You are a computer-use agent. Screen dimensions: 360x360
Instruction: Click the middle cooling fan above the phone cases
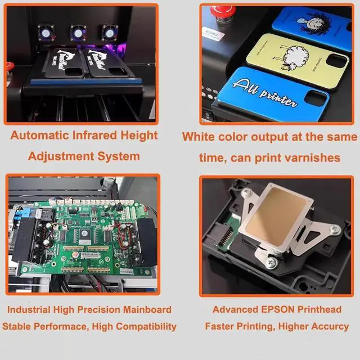76,31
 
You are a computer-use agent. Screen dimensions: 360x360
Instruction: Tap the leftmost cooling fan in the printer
46,32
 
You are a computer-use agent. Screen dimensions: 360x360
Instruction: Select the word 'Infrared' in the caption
101,136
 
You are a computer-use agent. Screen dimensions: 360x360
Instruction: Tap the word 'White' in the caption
199,137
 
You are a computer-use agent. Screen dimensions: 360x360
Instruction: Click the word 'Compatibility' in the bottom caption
147,326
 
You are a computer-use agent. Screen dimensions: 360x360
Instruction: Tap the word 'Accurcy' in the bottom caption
327,326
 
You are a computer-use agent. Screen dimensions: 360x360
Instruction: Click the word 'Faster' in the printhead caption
220,326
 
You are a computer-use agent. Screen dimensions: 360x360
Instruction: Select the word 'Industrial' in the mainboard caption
29,309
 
